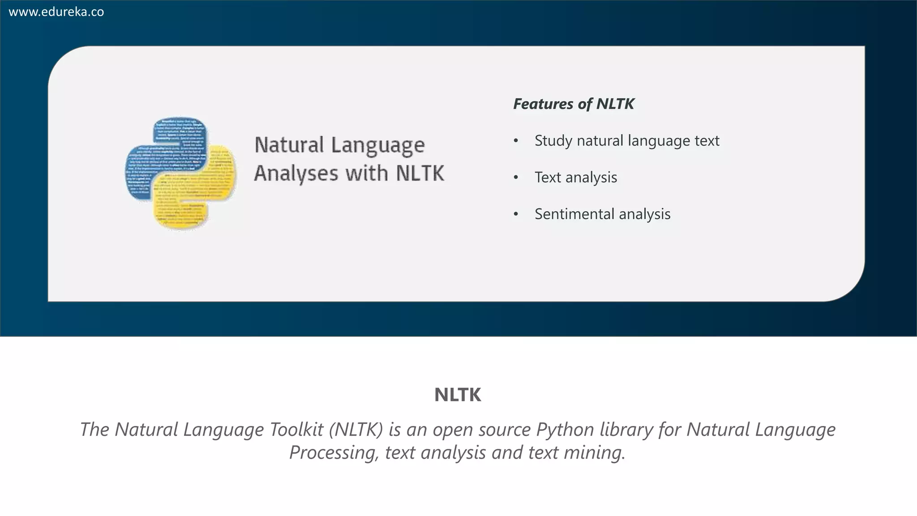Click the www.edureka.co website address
pos(56,12)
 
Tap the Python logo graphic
pos(180,173)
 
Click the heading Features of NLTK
pos(574,104)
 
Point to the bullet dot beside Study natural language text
pos(516,141)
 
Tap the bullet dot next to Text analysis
pos(516,178)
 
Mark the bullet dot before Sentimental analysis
pos(516,215)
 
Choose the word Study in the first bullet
pos(553,141)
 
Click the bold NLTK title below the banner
pos(458,395)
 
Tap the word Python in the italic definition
pos(565,430)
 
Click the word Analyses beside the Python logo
pos(296,174)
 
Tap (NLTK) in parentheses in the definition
pos(356,430)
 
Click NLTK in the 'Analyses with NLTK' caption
pos(420,173)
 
